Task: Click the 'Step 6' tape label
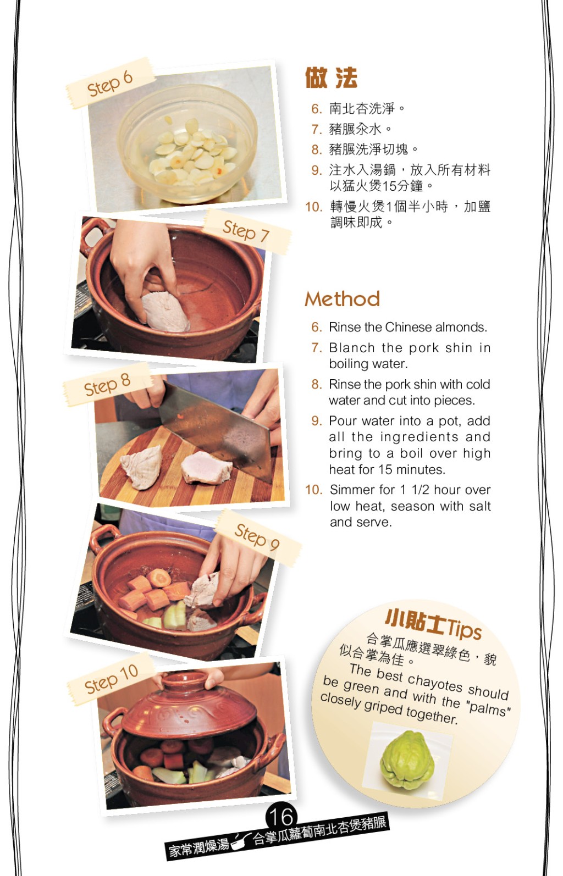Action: click(x=110, y=83)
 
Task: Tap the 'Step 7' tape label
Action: click(x=247, y=231)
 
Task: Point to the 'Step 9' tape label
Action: click(x=258, y=537)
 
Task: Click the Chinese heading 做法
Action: click(x=331, y=78)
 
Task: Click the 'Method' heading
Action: click(x=343, y=299)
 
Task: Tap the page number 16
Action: click(x=281, y=817)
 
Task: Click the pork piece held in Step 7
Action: click(x=165, y=312)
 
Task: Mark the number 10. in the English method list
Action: click(x=314, y=490)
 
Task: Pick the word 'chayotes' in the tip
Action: click(x=435, y=682)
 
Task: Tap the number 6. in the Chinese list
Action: click(x=317, y=109)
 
